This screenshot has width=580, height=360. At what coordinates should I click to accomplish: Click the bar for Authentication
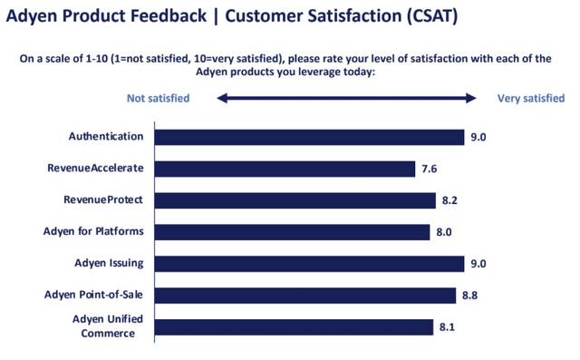pyautogui.click(x=309, y=137)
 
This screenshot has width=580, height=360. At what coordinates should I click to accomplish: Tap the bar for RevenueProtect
pyautogui.click(x=295, y=200)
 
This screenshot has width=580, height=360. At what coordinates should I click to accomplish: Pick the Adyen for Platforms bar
pyautogui.click(x=292, y=232)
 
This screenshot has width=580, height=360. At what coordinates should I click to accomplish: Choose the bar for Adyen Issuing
pyautogui.click(x=309, y=264)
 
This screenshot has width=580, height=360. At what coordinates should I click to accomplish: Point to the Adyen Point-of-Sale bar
pyautogui.click(x=305, y=296)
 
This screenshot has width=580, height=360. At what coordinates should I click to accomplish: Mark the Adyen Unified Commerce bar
pyautogui.click(x=294, y=326)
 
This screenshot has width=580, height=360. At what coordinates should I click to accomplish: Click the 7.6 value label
pyautogui.click(x=431, y=169)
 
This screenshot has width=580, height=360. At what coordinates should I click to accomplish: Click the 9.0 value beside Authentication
pyautogui.click(x=478, y=137)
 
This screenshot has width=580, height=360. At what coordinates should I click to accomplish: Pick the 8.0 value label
pyautogui.click(x=444, y=232)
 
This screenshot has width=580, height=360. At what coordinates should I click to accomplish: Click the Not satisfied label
pyautogui.click(x=158, y=98)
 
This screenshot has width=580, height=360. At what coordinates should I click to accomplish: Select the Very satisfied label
pyautogui.click(x=531, y=98)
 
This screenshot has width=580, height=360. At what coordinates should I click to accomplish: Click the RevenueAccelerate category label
pyautogui.click(x=96, y=169)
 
